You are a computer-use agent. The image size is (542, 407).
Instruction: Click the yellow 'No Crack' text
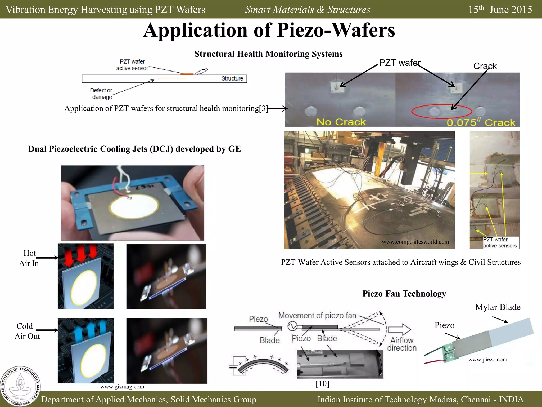[x=341, y=122]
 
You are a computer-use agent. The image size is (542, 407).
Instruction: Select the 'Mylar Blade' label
[x=498, y=307]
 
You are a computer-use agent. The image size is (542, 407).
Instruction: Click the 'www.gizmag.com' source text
[x=122, y=387]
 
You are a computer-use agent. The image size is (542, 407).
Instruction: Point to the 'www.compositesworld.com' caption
[x=415, y=242]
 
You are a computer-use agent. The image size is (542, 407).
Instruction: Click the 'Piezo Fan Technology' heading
[x=404, y=294]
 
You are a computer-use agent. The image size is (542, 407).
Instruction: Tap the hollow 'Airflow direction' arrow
[x=399, y=329]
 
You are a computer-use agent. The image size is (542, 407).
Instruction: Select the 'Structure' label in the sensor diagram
[x=232, y=78]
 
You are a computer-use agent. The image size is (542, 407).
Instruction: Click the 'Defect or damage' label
[x=101, y=94]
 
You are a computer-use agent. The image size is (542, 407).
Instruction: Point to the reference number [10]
[x=322, y=384]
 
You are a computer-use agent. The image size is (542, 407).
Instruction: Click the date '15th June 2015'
[x=500, y=10]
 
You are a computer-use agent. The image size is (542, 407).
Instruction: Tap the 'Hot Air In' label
[x=29, y=258]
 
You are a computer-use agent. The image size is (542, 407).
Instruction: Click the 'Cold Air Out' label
[x=27, y=331]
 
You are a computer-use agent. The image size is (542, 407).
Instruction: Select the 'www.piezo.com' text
[x=487, y=360]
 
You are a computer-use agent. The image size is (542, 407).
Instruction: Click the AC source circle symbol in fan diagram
[x=292, y=326]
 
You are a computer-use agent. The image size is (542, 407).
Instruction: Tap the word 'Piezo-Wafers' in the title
[x=336, y=30]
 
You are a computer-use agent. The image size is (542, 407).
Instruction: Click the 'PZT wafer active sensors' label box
[x=500, y=242]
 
